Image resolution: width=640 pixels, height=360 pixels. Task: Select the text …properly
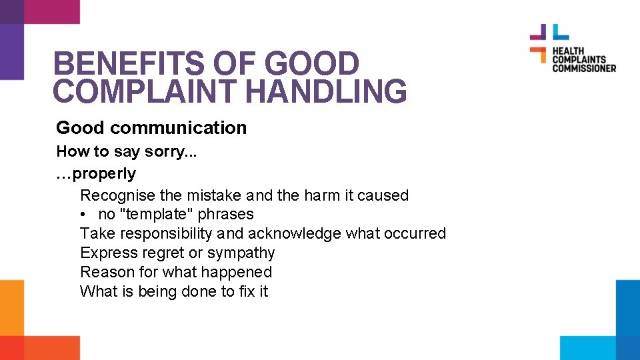coord(96,174)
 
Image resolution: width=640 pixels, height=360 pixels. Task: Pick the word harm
coord(322,196)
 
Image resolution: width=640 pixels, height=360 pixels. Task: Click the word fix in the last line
coord(246,291)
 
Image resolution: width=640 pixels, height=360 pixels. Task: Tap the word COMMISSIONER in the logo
coord(583,68)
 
